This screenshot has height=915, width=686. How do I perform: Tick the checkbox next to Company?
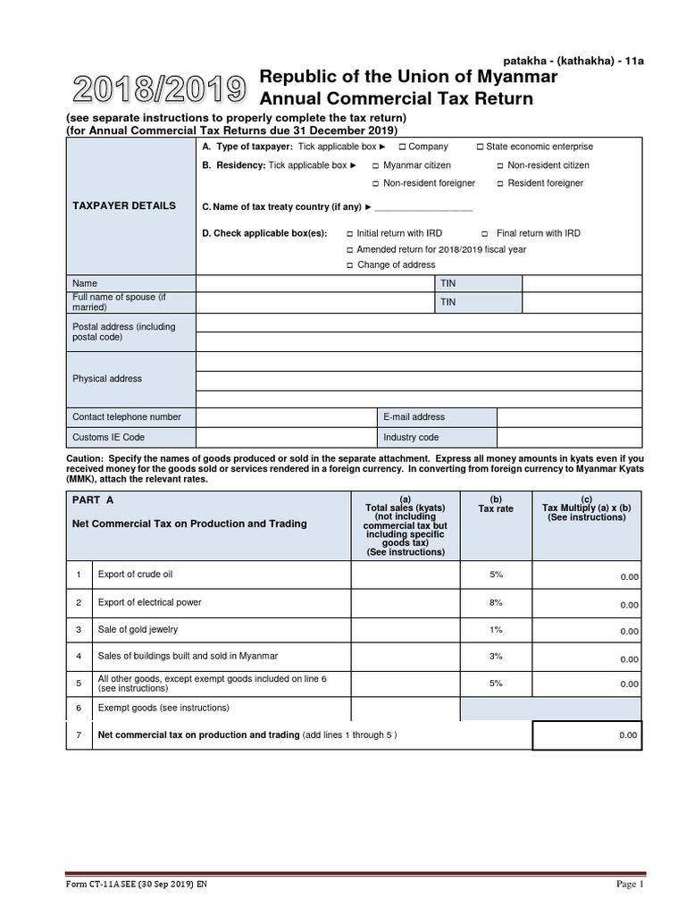coord(402,147)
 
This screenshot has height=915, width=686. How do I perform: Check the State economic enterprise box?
coord(480,147)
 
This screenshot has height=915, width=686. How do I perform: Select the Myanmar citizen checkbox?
coord(376,165)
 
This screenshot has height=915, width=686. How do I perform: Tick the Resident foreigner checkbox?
coord(500,183)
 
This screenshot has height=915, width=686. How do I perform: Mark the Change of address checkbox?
coord(350,265)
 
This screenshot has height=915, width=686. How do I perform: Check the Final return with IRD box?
coord(488,233)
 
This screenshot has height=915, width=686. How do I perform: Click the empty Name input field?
coord(316,283)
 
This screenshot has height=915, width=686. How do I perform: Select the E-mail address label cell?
coord(437,417)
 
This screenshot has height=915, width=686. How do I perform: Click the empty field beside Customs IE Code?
coord(286,438)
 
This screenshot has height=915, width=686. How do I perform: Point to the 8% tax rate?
coord(497,602)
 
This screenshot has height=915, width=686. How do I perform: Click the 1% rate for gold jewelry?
coord(497,629)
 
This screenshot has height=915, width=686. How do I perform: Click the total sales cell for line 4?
coord(405,656)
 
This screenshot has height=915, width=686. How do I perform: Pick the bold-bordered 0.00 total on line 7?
coord(587,735)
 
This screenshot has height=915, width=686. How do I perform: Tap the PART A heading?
coord(93,499)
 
